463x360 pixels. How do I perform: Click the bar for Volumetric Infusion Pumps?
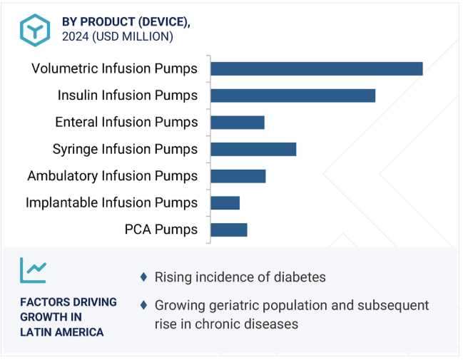[317, 68]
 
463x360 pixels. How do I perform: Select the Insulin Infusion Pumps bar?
[293, 96]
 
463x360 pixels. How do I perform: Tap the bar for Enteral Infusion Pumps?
[238, 122]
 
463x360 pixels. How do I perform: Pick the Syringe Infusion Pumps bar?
[253, 149]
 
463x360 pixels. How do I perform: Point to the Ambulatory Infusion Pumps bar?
[238, 176]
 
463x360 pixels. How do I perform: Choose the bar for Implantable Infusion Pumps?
[225, 203]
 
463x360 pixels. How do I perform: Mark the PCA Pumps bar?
[229, 230]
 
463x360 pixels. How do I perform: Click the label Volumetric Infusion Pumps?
[114, 68]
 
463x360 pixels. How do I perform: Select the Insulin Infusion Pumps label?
[128, 96]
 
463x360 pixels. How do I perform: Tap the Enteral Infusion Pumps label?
[126, 122]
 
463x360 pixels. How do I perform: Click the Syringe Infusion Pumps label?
[125, 149]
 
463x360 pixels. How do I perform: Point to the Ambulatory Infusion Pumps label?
[112, 176]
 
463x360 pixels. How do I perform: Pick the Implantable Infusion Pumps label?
[111, 203]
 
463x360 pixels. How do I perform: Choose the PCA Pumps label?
[161, 230]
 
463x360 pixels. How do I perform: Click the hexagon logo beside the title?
[34, 29]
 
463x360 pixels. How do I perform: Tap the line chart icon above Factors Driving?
[33, 270]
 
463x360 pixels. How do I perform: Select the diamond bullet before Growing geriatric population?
[144, 305]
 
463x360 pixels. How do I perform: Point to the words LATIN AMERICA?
[61, 331]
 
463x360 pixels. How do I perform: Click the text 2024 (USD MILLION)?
[117, 36]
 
